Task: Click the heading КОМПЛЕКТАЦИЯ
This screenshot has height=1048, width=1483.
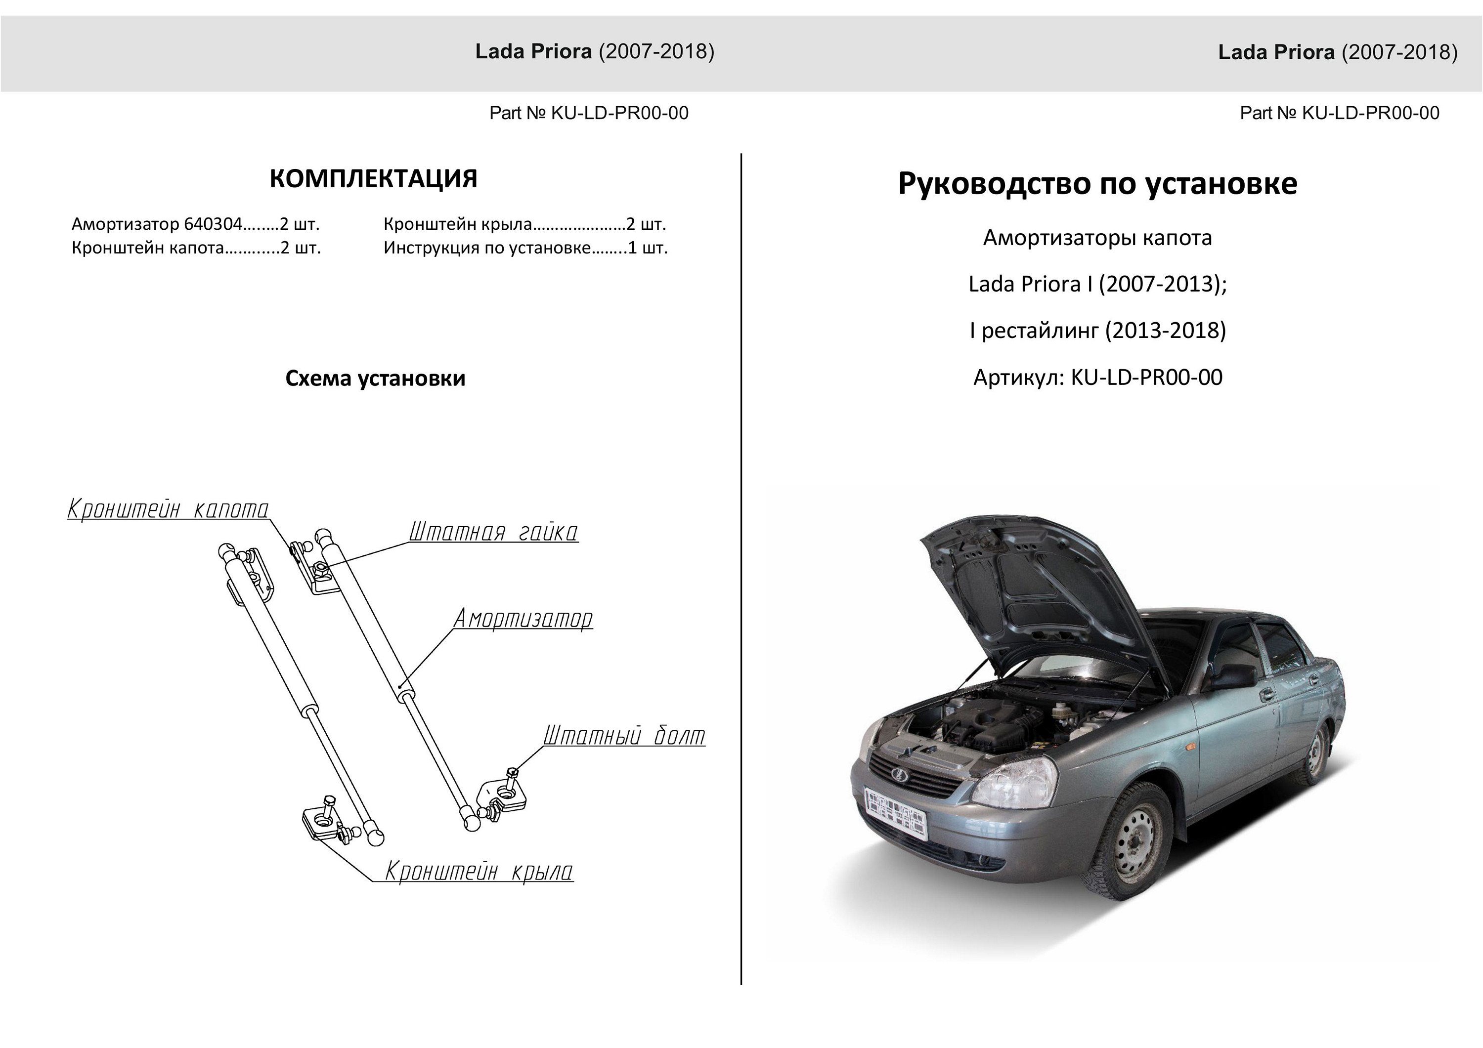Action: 373,179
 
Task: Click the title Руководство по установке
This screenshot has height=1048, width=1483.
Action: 1097,184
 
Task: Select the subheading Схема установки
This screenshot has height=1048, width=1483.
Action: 375,378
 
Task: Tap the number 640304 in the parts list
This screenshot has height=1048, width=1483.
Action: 213,224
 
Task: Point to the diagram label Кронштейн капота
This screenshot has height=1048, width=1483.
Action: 168,509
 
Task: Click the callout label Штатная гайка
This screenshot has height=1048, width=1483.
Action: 493,532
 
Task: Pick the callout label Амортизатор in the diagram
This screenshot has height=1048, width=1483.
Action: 523,619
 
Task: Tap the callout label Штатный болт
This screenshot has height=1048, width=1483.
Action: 624,735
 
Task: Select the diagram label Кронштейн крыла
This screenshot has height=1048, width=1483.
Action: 479,871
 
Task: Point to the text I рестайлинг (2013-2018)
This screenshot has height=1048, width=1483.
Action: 1097,331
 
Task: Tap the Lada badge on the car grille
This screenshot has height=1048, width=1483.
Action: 900,775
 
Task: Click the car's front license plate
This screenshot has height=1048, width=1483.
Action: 895,813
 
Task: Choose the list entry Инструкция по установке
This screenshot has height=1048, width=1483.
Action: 487,248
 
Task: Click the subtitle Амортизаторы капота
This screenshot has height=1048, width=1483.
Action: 1097,238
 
